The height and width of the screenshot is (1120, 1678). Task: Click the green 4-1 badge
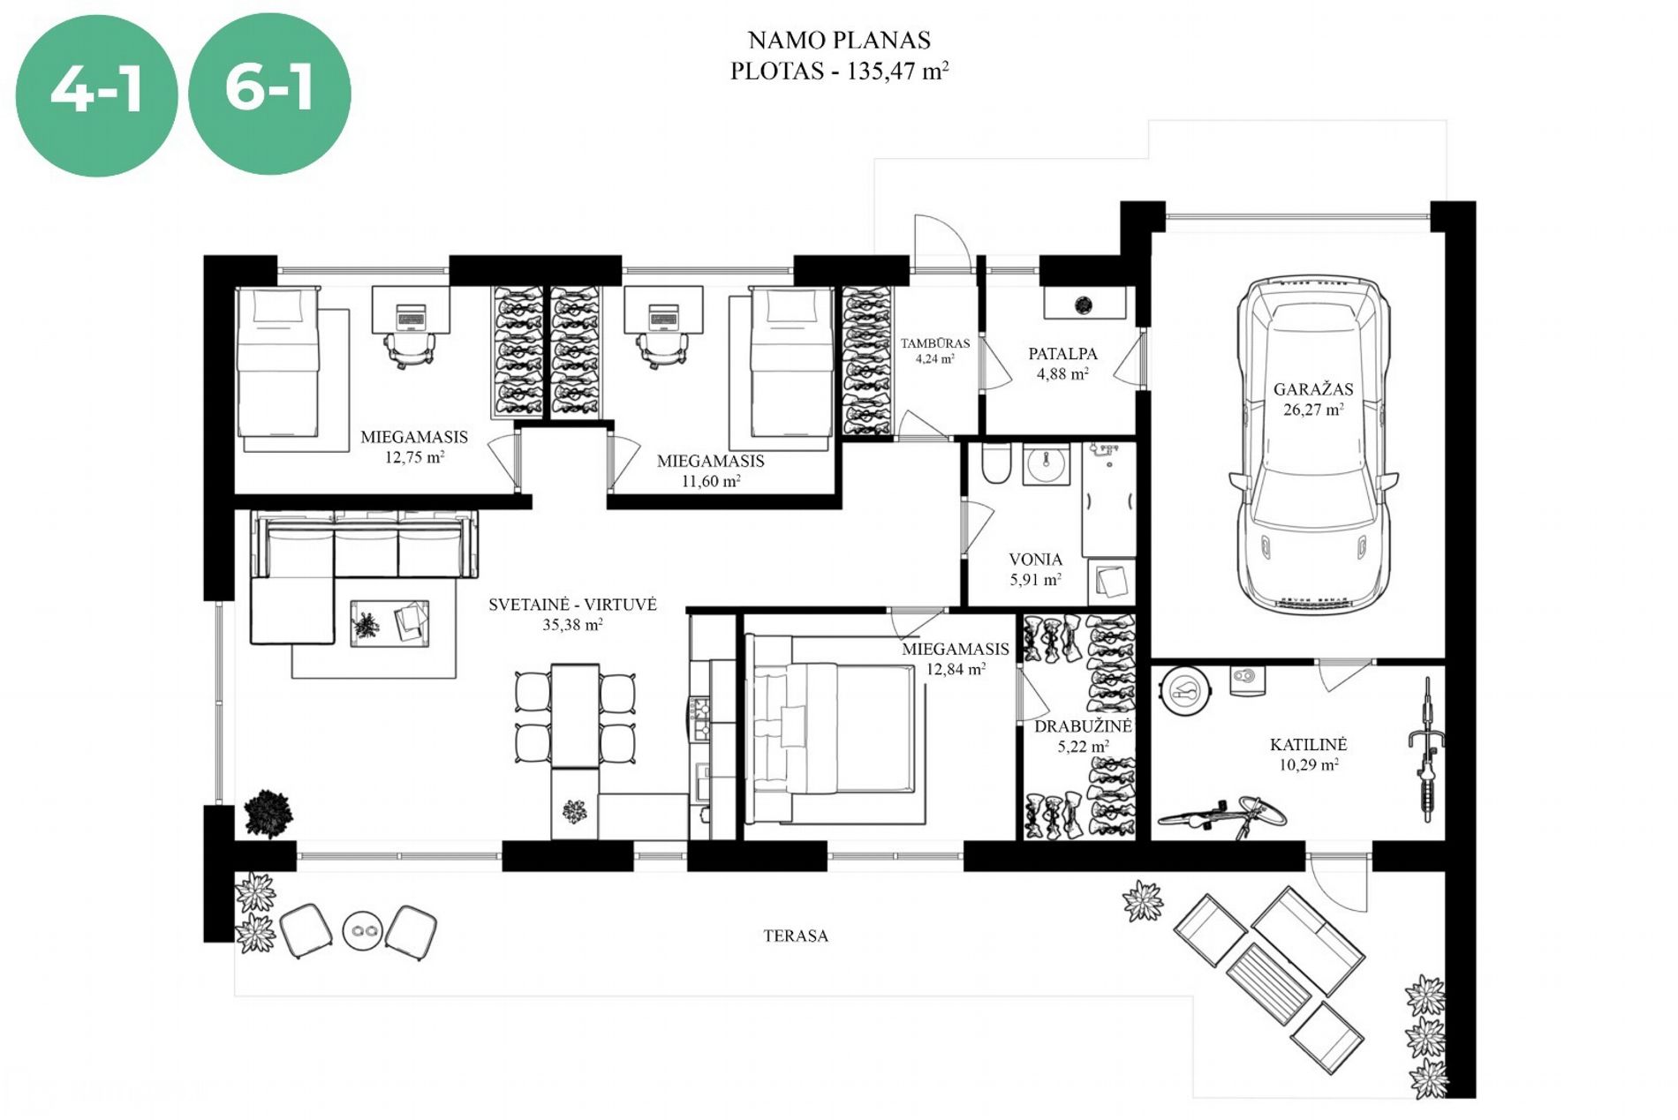pos(96,94)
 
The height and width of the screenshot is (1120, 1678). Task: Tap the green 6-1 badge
pos(269,94)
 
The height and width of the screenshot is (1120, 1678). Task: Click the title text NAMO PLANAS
pos(839,40)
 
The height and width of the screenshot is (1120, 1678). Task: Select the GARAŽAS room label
pos(1313,388)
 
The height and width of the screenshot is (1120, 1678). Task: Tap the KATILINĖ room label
pos(1308,744)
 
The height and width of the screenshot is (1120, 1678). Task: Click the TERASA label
pos(796,936)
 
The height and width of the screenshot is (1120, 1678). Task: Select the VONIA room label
pos(1035,559)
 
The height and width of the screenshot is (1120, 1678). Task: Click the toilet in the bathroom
pos(996,463)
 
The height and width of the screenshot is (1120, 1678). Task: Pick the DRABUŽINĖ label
pos(1083,726)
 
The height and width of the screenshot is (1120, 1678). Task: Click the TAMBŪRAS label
pos(935,343)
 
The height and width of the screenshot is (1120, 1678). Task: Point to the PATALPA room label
pos(1062,353)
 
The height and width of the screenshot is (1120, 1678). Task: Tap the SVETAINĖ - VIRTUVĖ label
pos(572,605)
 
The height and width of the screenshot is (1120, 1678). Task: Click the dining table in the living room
pos(575,716)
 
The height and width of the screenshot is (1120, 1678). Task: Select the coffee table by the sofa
pos(389,623)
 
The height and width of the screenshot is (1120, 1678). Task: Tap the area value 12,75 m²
pos(414,457)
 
